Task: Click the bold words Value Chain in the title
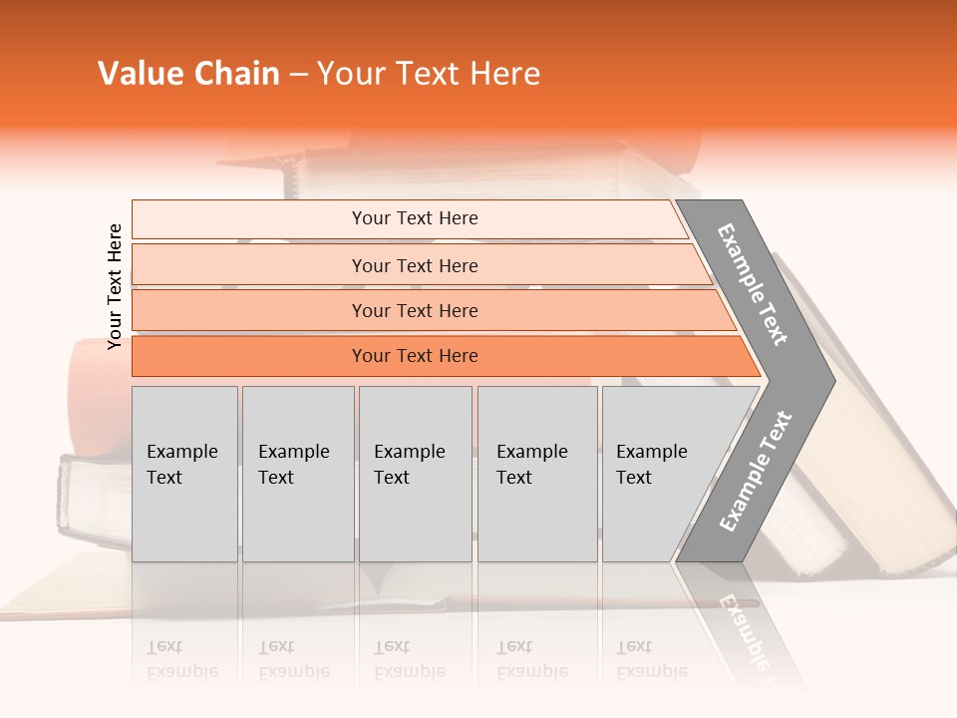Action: (x=188, y=74)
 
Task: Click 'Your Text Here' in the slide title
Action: (x=429, y=74)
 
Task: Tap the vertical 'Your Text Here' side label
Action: (x=115, y=286)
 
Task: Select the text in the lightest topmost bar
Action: (x=415, y=218)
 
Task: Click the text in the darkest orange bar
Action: (x=415, y=356)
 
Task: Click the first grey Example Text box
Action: (x=184, y=474)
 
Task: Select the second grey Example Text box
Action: (x=297, y=474)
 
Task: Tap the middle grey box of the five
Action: (x=415, y=474)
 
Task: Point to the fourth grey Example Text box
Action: (x=537, y=474)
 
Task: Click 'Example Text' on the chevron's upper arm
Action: (x=753, y=284)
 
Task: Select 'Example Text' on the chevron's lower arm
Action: (x=756, y=472)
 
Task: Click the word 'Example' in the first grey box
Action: (x=181, y=452)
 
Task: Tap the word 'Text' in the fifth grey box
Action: (x=633, y=478)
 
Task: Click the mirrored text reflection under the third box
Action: (x=409, y=659)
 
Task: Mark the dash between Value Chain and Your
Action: (x=298, y=75)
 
